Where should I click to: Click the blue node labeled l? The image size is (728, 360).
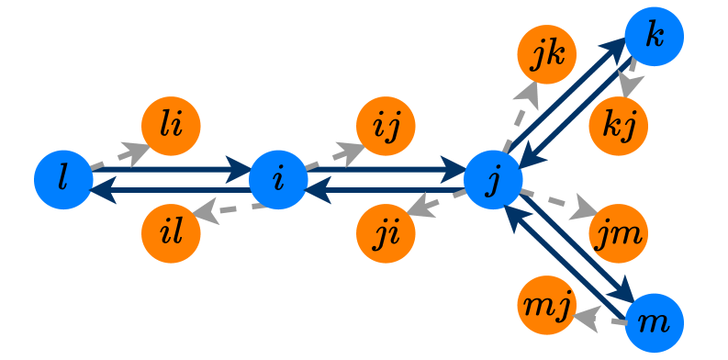pyautogui.click(x=63, y=179)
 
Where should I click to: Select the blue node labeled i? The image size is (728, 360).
pyautogui.click(x=278, y=179)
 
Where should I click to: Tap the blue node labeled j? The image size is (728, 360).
pyautogui.click(x=494, y=179)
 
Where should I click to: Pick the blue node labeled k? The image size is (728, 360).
pyautogui.click(x=655, y=37)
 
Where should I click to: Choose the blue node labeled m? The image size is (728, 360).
pyautogui.click(x=655, y=323)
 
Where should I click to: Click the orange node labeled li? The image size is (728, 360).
pyautogui.click(x=171, y=125)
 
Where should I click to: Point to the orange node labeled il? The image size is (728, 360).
pyautogui.click(x=171, y=233)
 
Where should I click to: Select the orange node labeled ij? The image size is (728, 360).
pyautogui.click(x=386, y=125)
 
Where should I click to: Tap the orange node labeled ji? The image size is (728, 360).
pyautogui.click(x=386, y=233)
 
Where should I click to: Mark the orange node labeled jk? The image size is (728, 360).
pyautogui.click(x=547, y=53)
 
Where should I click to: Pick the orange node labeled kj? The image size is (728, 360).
pyautogui.click(x=619, y=125)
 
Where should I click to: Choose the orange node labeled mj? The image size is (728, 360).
pyautogui.click(x=547, y=305)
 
